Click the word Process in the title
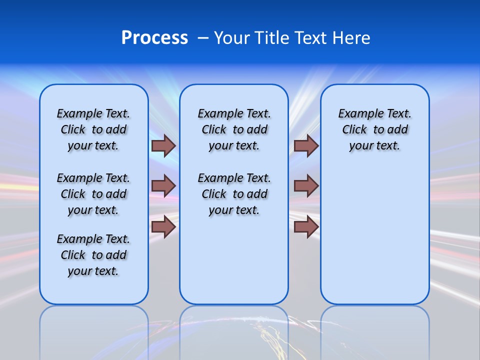[x=154, y=38]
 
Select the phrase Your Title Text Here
[x=292, y=38]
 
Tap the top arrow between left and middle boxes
[x=163, y=145]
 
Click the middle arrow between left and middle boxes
[x=163, y=186]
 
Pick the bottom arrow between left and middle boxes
[x=163, y=226]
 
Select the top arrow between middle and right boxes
[x=306, y=145]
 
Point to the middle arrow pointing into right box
[x=306, y=186]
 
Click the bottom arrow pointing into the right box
[x=306, y=226]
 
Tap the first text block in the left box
[x=93, y=129]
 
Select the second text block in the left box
[x=93, y=194]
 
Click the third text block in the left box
[x=93, y=255]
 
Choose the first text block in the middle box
[x=234, y=129]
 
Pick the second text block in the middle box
[x=234, y=194]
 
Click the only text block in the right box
[x=374, y=129]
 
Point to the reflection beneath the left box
[x=94, y=330]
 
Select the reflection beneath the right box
[x=375, y=330]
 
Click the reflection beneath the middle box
[x=234, y=330]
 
